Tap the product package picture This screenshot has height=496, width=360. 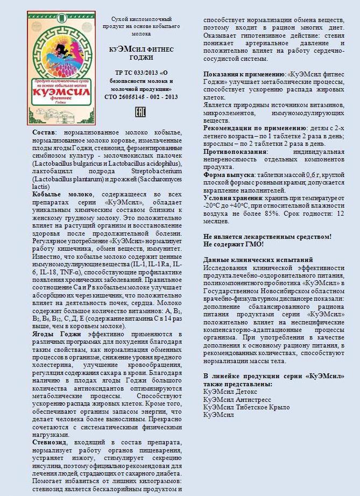(61, 67)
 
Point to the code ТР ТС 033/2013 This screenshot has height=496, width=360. (135, 73)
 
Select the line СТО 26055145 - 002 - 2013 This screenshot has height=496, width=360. (141, 97)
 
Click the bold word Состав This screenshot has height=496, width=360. (44, 132)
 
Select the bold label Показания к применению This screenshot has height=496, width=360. (244, 73)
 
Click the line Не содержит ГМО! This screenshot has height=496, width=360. (234, 244)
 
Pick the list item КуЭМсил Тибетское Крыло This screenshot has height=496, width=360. (246, 407)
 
